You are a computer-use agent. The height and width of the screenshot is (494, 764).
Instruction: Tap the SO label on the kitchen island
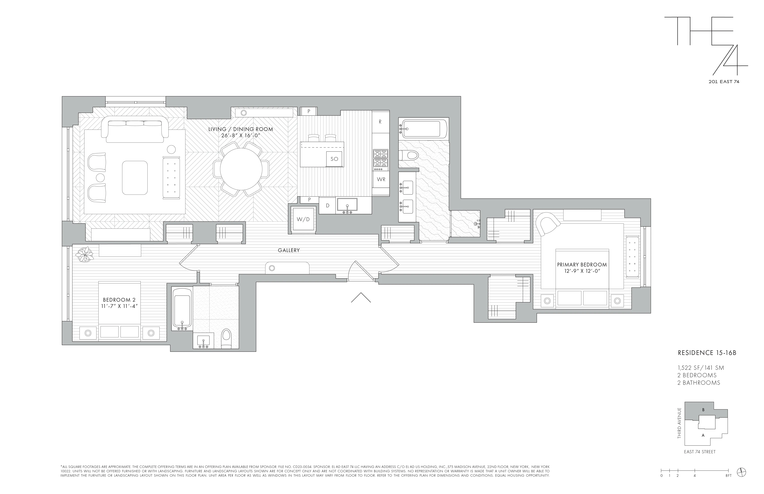334,159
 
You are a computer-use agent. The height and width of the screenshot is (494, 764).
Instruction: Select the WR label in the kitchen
381,179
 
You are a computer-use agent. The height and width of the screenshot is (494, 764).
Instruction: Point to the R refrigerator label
380,122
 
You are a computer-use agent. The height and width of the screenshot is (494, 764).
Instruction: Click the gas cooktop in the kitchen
380,160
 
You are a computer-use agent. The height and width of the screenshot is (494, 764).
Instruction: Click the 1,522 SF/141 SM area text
701,368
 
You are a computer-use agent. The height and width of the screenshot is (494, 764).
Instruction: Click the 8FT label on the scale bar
728,484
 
